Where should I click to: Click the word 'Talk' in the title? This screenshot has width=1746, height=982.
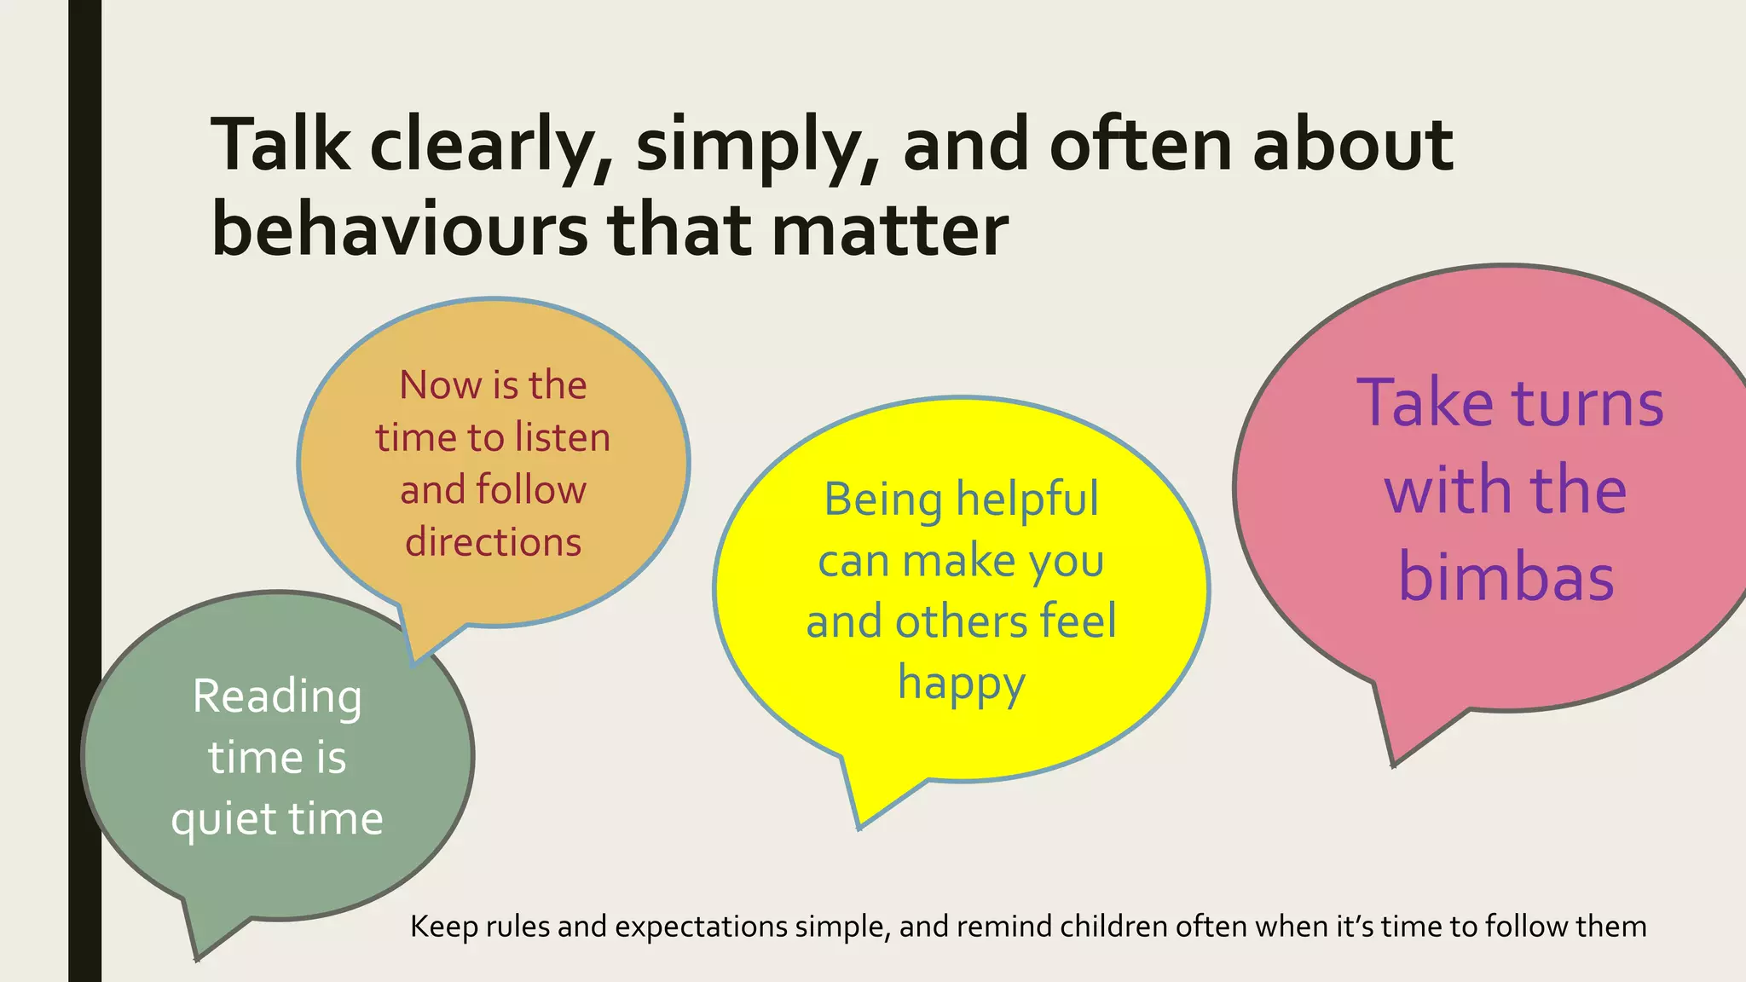(x=280, y=145)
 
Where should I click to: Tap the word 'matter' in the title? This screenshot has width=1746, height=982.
(x=890, y=230)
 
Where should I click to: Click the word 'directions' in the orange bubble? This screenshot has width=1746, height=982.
(x=493, y=542)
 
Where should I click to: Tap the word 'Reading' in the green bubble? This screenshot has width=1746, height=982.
(x=277, y=697)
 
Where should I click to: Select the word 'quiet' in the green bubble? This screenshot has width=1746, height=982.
(x=223, y=820)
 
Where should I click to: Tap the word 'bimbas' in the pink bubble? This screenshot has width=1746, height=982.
(x=1506, y=578)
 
